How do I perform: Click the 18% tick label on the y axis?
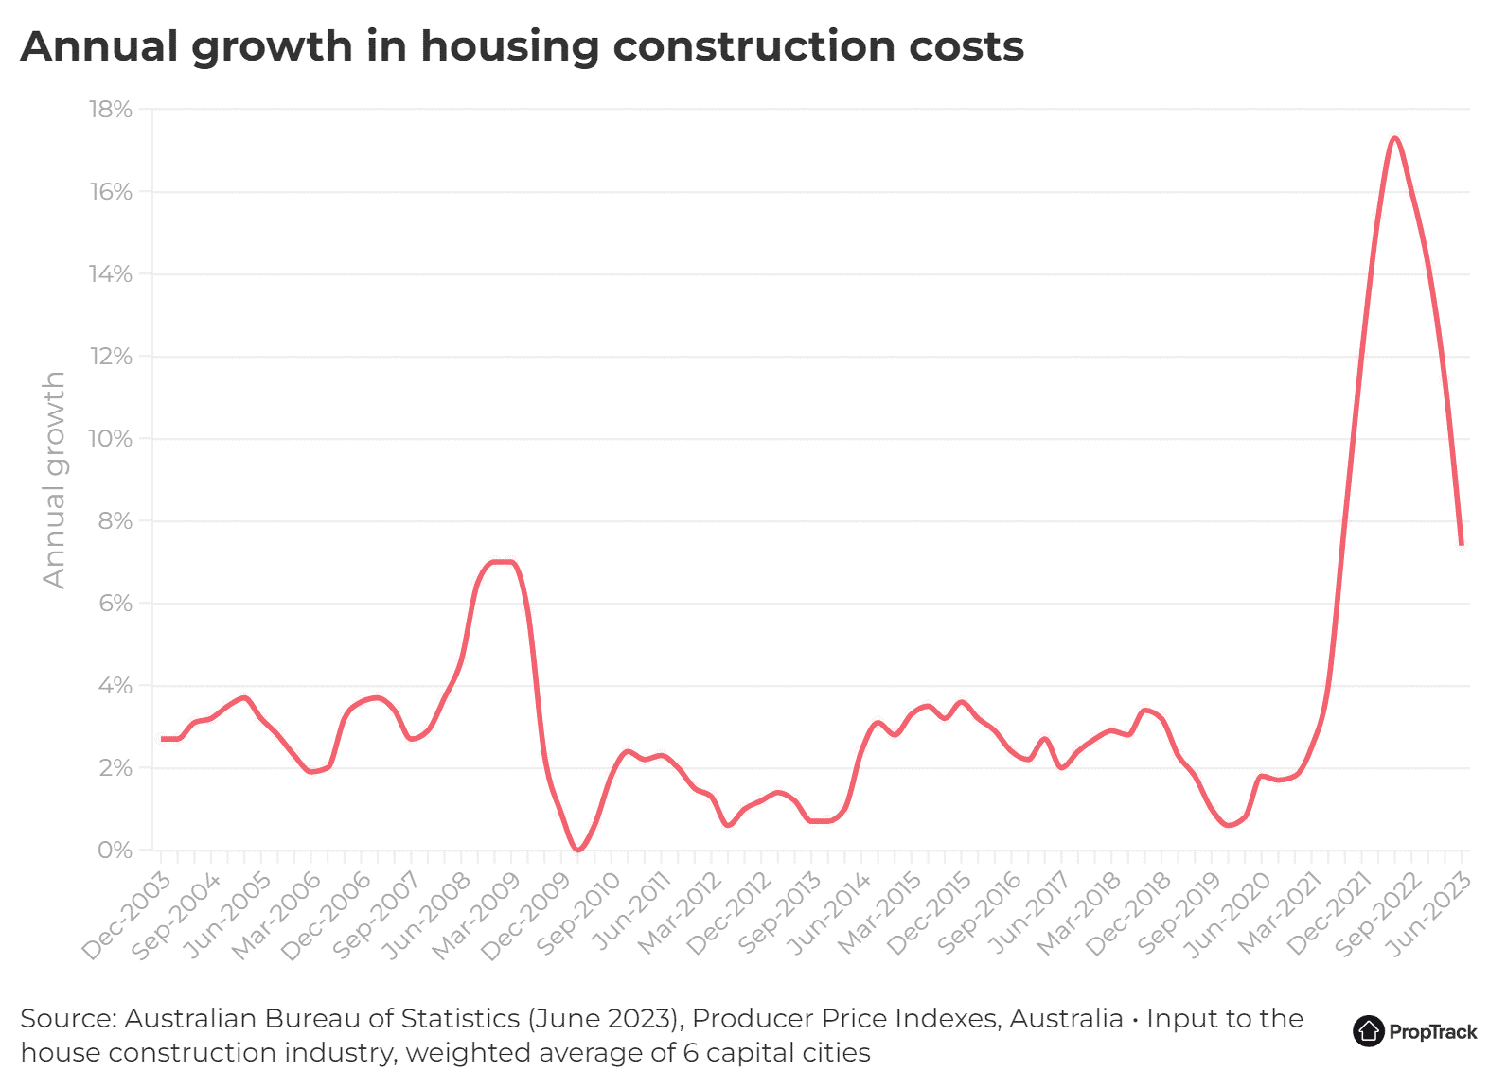point(111,110)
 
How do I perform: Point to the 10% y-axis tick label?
point(111,439)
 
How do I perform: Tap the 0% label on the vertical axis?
point(115,851)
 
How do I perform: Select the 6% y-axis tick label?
point(115,604)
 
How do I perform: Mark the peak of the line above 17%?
point(1394,138)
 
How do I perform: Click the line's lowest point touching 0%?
point(578,850)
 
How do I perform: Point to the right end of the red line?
point(1462,544)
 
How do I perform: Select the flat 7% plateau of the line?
point(502,562)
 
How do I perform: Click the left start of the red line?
point(162,739)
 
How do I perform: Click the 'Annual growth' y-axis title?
point(55,480)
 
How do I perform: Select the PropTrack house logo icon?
point(1368,1031)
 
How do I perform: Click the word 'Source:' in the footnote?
point(68,1019)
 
